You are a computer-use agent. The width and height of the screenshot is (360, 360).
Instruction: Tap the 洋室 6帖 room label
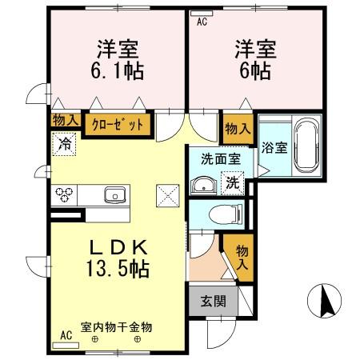click(255, 59)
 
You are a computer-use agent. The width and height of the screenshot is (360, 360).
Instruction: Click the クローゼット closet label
click(118, 124)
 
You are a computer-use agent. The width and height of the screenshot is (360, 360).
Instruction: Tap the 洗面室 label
click(220, 159)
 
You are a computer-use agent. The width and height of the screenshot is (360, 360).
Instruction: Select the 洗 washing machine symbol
click(232, 182)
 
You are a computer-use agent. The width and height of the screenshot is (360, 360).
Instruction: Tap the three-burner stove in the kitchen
click(65, 194)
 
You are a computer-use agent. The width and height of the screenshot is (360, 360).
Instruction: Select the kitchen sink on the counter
click(114, 194)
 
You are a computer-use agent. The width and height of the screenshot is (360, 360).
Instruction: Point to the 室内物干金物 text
click(116, 327)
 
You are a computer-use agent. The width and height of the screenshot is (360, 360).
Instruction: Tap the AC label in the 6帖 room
click(202, 22)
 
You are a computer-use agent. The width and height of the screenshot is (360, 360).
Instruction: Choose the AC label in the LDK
click(66, 336)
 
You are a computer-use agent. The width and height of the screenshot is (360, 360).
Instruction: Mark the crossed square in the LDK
click(168, 194)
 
